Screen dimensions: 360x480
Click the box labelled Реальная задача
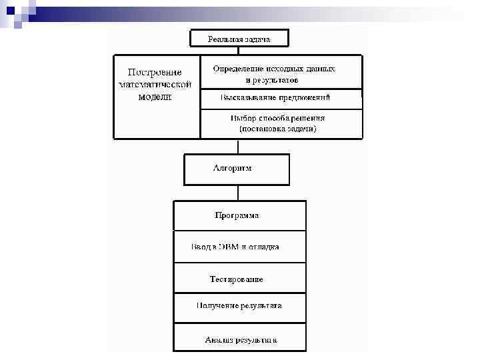[239, 39]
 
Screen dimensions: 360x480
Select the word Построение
[155, 72]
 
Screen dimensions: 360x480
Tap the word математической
[155, 84]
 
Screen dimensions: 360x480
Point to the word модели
[155, 96]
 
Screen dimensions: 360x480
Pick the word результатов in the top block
[275, 80]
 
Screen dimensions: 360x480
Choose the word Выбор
[243, 117]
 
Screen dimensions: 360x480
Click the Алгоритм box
[237, 169]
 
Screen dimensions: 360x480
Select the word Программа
[237, 215]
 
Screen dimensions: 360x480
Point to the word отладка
[265, 247]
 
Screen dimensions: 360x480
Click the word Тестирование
[237, 279]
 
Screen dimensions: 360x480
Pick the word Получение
[216, 305]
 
